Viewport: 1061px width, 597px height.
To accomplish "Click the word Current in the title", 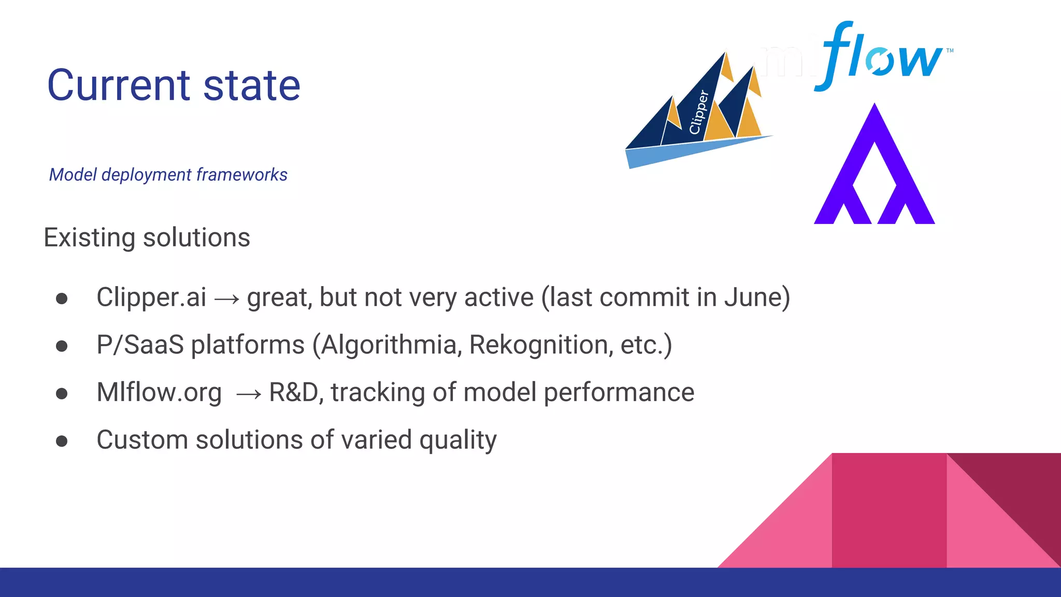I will tap(119, 86).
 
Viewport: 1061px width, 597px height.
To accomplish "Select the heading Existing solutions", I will tap(147, 238).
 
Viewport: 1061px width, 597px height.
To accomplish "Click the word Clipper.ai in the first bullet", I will tap(151, 297).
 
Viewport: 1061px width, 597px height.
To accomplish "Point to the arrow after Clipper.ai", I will tap(227, 299).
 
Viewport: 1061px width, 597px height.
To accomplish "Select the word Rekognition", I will tap(538, 345).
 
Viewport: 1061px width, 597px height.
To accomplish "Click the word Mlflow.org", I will tap(159, 393).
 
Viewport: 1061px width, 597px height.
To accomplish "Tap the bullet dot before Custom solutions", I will tap(62, 441).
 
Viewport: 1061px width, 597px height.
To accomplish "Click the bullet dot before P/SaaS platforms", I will tap(62, 346).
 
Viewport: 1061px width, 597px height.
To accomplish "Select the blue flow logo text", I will tap(881, 56).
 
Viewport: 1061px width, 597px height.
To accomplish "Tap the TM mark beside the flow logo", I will tap(950, 50).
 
